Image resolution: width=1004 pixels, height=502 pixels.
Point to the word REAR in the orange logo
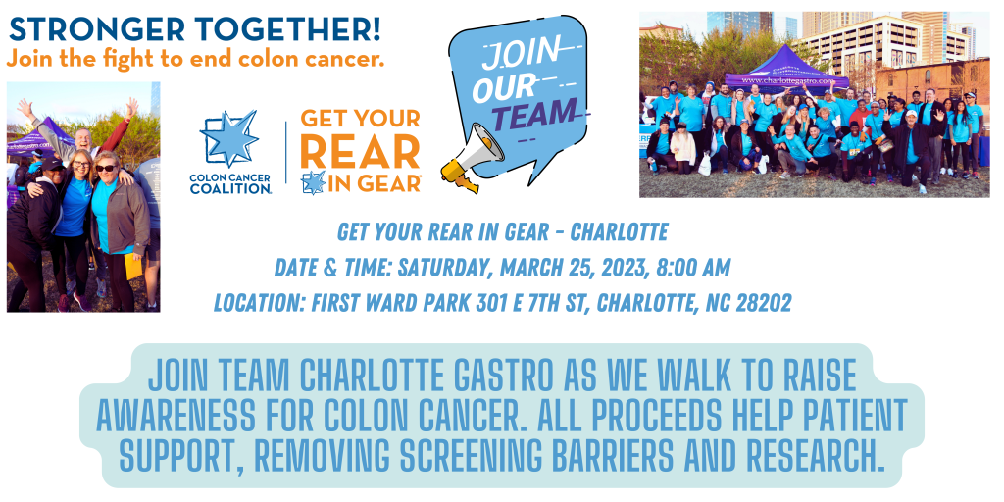click(x=359, y=153)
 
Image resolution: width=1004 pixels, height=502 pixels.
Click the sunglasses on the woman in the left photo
click(x=105, y=168)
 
